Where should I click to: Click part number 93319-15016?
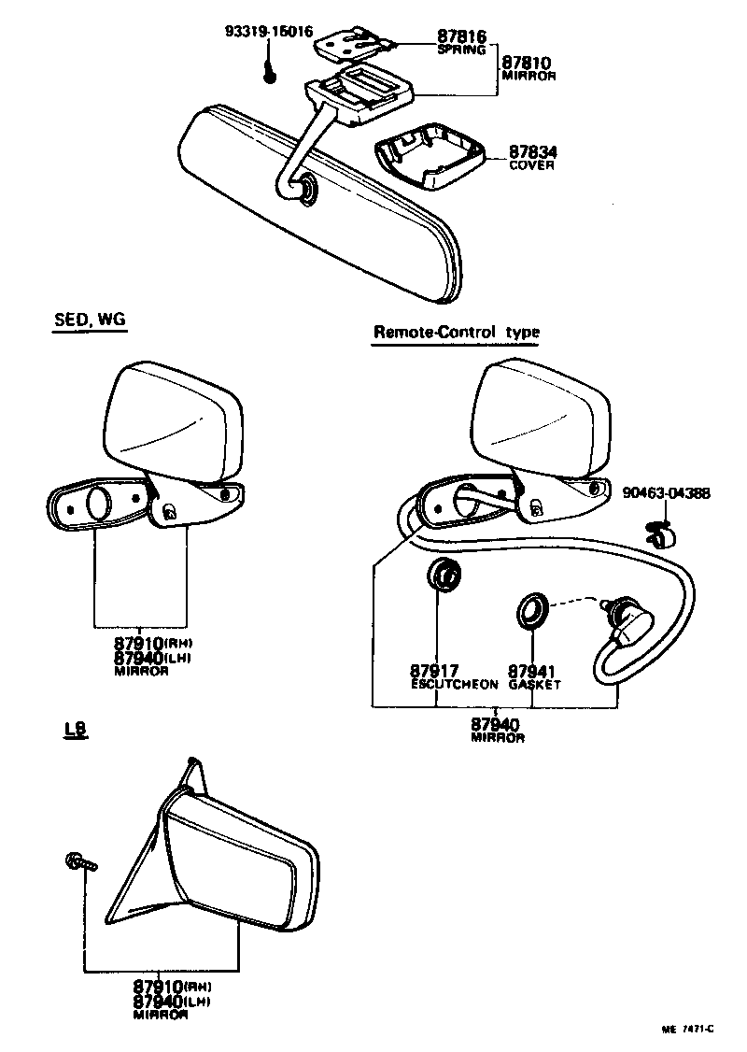pos(267,31)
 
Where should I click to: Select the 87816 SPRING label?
pos(461,43)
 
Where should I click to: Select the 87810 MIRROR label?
pos(529,68)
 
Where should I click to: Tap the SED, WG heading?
pos(89,320)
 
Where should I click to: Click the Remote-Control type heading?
pos(457,332)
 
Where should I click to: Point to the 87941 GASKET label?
pos(534,676)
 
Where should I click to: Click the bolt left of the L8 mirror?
pos(78,860)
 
